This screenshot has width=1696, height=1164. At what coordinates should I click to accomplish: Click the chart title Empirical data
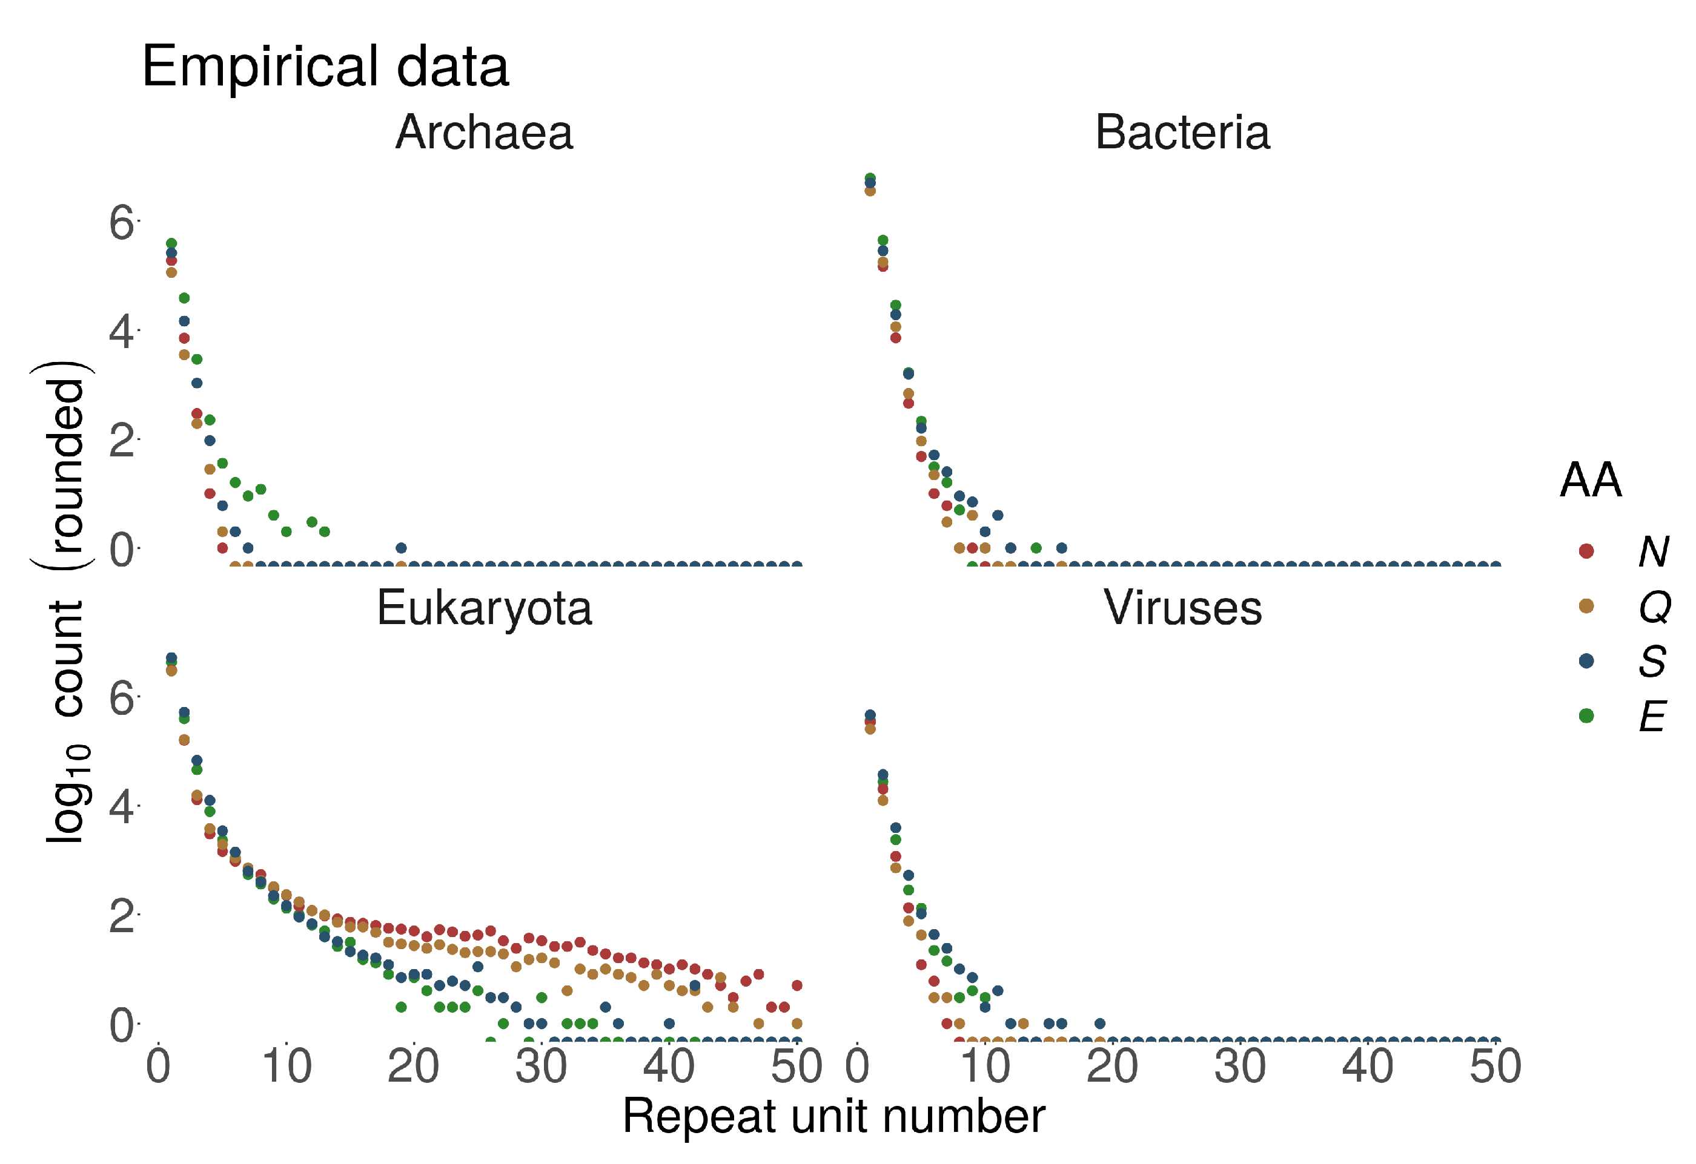[x=325, y=67]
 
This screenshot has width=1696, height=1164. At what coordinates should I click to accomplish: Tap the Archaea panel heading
[x=484, y=133]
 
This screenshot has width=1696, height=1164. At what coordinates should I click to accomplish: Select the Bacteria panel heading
[x=1182, y=133]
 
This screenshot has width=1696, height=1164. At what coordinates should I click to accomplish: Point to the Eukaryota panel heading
[x=484, y=608]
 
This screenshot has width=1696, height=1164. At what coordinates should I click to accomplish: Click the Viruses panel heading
[x=1182, y=608]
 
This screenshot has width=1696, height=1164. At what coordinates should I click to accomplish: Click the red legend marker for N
[x=1585, y=551]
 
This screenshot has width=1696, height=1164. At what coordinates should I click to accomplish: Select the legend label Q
[x=1654, y=606]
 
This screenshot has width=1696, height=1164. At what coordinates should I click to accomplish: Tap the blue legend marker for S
[x=1585, y=661]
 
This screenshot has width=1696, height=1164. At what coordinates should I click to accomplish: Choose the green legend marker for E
[x=1585, y=715]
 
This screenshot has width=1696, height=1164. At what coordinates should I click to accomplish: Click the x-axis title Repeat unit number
[x=833, y=1117]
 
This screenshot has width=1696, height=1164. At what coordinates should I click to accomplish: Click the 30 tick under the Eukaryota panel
[x=541, y=1067]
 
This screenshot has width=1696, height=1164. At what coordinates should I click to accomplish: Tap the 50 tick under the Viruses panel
[x=1494, y=1067]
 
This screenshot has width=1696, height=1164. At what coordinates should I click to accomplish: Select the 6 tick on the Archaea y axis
[x=121, y=222]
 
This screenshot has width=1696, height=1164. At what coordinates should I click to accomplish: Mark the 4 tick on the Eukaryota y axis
[x=121, y=807]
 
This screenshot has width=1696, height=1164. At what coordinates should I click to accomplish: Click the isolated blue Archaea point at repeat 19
[x=400, y=548]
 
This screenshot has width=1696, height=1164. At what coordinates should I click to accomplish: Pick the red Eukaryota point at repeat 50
[x=797, y=985]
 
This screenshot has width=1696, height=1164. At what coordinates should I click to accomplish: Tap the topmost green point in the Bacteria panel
[x=870, y=178]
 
